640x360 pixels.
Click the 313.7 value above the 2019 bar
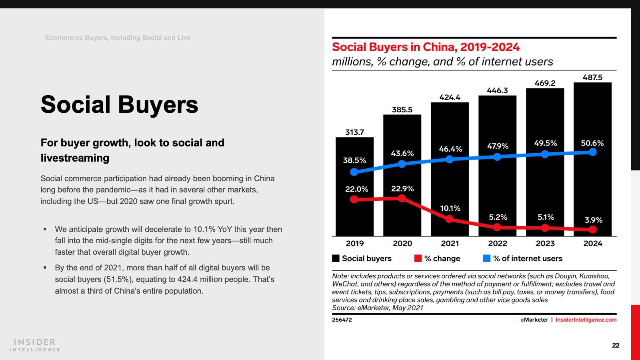[354, 132]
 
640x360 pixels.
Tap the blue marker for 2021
[450, 159]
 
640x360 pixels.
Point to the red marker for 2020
[402, 198]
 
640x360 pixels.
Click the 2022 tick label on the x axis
[497, 243]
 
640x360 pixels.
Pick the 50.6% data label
[592, 143]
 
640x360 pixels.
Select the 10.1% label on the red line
[450, 208]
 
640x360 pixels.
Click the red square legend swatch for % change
[418, 258]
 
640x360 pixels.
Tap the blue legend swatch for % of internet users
[486, 258]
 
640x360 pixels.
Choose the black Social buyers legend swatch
[336, 258]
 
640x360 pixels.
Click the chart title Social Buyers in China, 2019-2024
[426, 47]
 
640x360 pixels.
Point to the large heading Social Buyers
[119, 105]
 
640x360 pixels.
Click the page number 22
[616, 345]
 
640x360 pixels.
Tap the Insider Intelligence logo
[35, 345]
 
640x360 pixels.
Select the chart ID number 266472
[342, 320]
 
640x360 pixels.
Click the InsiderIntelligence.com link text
[586, 320]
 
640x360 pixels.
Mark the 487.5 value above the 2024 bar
[592, 78]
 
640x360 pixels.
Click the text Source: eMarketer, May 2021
[377, 308]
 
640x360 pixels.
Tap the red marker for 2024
[593, 230]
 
